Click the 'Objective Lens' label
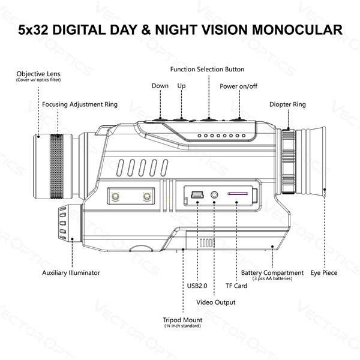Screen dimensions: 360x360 pyautogui.click(x=38, y=74)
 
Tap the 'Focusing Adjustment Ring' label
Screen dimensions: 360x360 pyautogui.click(x=80, y=104)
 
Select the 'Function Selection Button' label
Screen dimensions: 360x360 pyautogui.click(x=207, y=70)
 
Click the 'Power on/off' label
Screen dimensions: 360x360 pyautogui.click(x=238, y=86)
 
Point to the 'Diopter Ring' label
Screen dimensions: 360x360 pyautogui.click(x=287, y=104)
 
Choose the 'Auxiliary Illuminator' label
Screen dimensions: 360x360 pyautogui.click(x=71, y=273)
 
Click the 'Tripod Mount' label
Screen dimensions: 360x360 pyautogui.click(x=182, y=320)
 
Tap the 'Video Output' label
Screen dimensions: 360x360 pyautogui.click(x=216, y=302)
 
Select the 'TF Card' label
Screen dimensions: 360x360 pyautogui.click(x=236, y=286)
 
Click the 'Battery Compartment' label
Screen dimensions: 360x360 pyautogui.click(x=272, y=273)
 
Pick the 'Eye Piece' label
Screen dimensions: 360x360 pyautogui.click(x=324, y=273)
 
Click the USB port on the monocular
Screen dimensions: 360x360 pyautogui.click(x=197, y=195)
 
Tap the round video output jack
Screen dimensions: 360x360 pyautogui.click(x=214, y=195)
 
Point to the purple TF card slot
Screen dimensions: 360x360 pyautogui.click(x=238, y=194)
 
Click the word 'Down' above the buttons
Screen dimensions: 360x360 pyautogui.click(x=160, y=86)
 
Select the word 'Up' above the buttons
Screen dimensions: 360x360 pyautogui.click(x=181, y=86)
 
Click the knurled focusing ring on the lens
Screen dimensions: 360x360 pyautogui.click(x=56, y=166)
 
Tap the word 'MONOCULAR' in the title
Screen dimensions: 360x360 pyautogui.click(x=298, y=29)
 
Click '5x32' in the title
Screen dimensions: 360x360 pyautogui.click(x=33, y=29)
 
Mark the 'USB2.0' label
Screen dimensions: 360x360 pyautogui.click(x=197, y=286)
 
